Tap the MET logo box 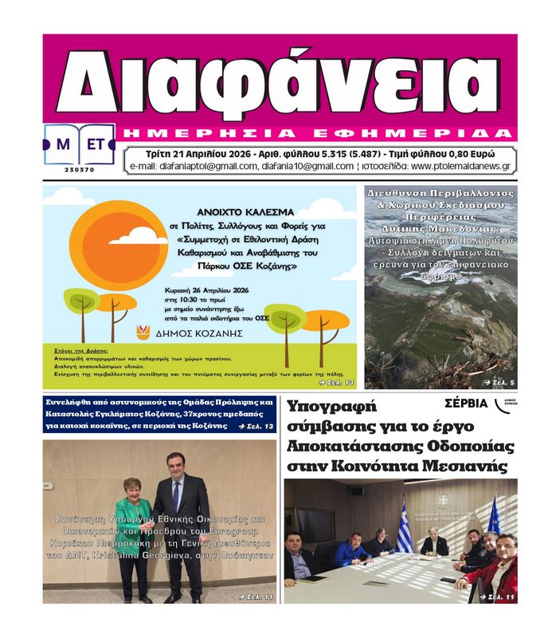79,145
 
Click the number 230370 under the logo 79,170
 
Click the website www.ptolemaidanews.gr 461,166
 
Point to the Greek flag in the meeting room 404,526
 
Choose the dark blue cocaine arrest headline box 159,414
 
